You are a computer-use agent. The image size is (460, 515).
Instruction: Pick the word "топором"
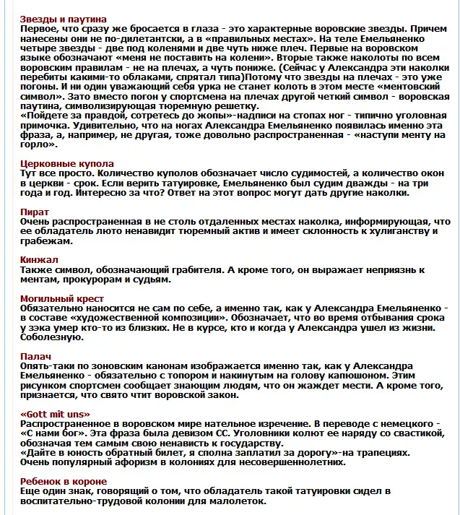tap(203, 375)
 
